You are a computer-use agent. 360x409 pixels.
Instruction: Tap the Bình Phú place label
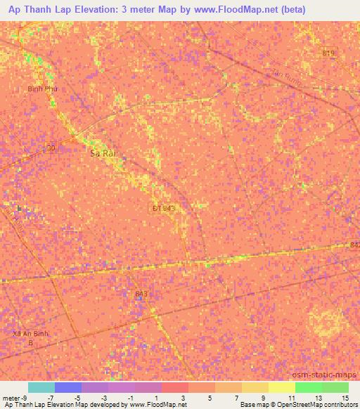pyautogui.click(x=41, y=89)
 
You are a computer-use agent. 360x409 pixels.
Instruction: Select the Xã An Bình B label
pyautogui.click(x=30, y=338)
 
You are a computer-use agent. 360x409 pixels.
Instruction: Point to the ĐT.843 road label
pyautogui.click(x=163, y=208)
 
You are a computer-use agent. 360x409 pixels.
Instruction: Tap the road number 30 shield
pyautogui.click(x=50, y=147)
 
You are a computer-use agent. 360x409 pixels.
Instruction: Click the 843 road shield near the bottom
pyautogui.click(x=141, y=294)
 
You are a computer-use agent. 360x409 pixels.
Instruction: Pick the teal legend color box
pyautogui.click(x=41, y=387)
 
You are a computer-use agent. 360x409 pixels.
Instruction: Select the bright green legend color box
pyautogui.click(x=308, y=387)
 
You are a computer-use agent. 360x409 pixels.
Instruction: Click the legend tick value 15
pyautogui.click(x=345, y=397)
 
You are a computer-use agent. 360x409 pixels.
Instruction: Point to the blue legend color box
pyautogui.click(x=68, y=387)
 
